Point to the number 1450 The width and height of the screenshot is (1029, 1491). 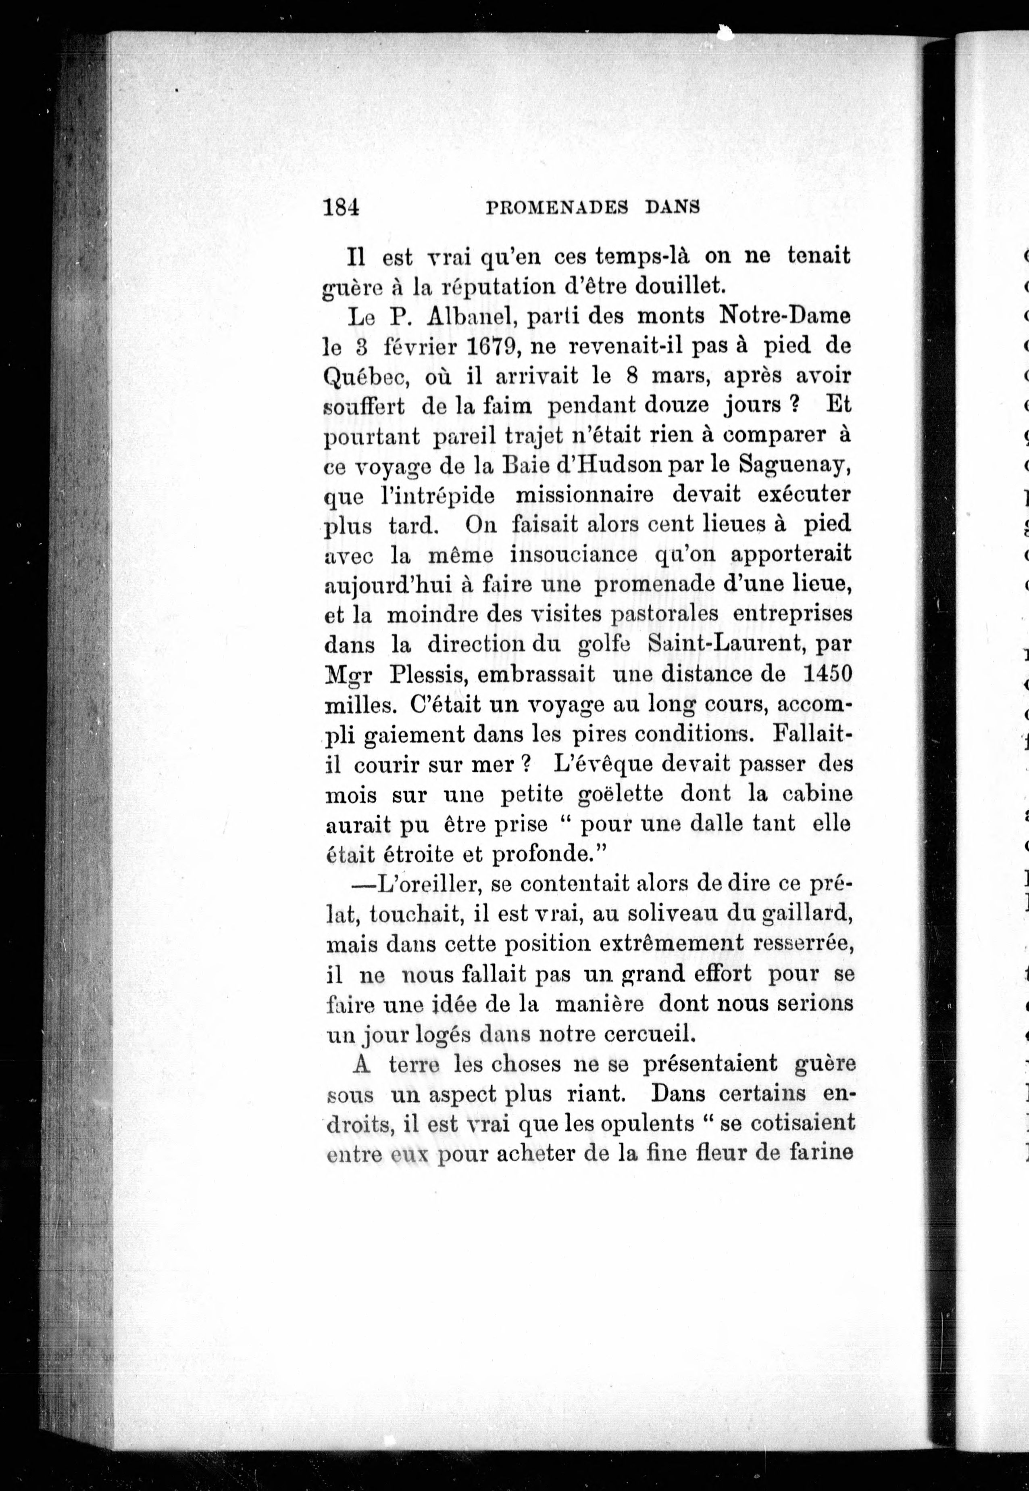point(828,674)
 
